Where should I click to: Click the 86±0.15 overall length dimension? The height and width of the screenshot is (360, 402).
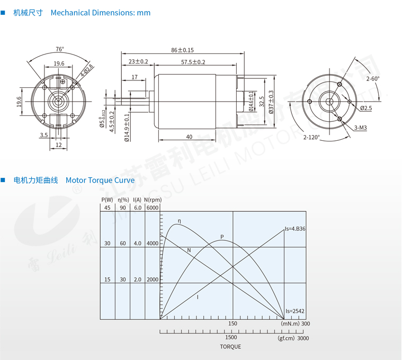[182, 50]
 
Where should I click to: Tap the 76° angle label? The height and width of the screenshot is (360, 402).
[60, 49]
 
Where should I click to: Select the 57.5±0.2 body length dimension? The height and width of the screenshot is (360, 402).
[193, 62]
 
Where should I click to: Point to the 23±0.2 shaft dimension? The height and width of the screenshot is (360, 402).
[138, 61]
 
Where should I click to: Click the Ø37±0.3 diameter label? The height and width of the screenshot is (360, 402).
[271, 102]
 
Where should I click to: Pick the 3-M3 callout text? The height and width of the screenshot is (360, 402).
[361, 128]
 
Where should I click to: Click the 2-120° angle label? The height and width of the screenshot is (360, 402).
[311, 137]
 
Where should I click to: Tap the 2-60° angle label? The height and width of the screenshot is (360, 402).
[373, 79]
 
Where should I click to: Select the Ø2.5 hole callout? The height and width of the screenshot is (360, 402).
[366, 108]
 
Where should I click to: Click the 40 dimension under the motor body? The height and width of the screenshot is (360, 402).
[189, 137]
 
